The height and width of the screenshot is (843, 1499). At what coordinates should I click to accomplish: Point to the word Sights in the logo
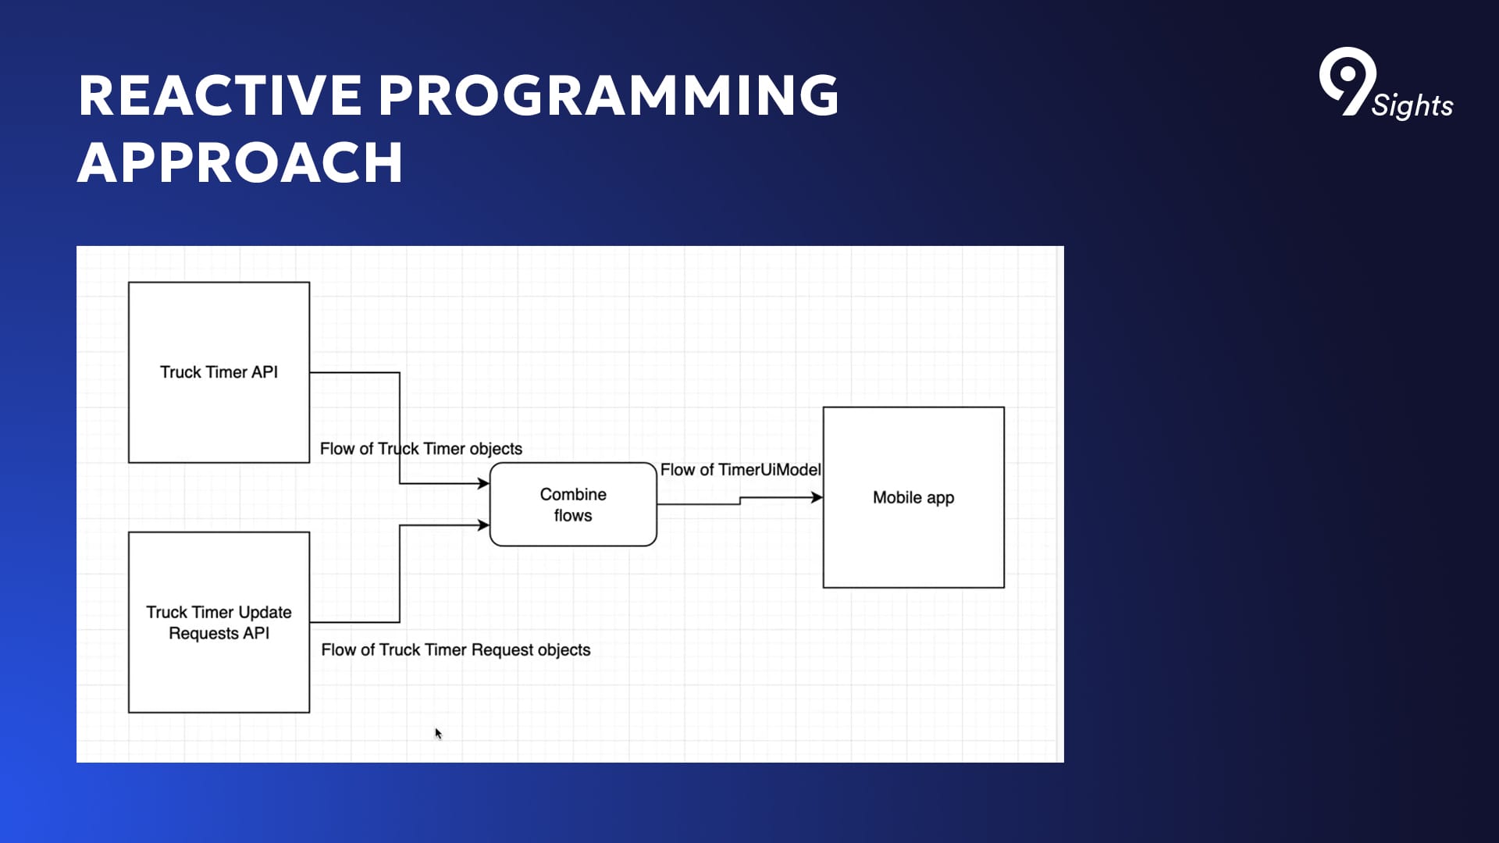pyautogui.click(x=1412, y=105)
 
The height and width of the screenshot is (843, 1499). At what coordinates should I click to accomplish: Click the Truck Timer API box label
pyautogui.click(x=219, y=372)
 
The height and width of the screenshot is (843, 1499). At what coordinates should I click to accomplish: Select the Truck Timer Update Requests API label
pyautogui.click(x=219, y=623)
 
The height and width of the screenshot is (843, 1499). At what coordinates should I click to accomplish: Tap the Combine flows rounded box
pyautogui.click(x=573, y=505)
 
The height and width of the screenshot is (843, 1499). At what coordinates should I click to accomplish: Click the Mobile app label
pyautogui.click(x=913, y=498)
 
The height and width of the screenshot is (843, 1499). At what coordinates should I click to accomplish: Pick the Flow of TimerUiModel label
pyautogui.click(x=740, y=470)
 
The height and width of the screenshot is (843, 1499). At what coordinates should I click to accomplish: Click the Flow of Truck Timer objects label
pyautogui.click(x=421, y=449)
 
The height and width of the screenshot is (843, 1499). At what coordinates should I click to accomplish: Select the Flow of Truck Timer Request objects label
pyautogui.click(x=456, y=650)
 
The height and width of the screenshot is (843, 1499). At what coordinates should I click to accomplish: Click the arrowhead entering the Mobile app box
pyautogui.click(x=817, y=497)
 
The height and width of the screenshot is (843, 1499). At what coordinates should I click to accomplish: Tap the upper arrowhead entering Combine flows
pyautogui.click(x=483, y=483)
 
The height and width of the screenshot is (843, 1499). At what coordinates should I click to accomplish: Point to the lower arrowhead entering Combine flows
pyautogui.click(x=483, y=525)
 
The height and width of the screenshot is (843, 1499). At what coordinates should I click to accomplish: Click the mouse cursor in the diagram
pyautogui.click(x=438, y=733)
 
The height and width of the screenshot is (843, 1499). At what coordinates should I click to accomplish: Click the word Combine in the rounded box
pyautogui.click(x=573, y=495)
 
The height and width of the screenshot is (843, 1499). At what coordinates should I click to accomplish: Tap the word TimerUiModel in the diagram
pyautogui.click(x=769, y=470)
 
